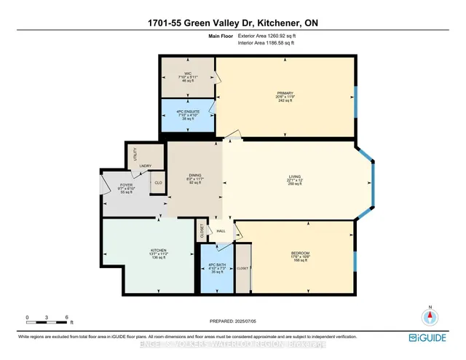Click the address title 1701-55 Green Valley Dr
tap(233, 24)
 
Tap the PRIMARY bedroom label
tap(284, 93)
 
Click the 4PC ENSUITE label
tap(187, 113)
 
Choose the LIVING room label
tap(295, 176)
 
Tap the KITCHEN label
tap(149, 253)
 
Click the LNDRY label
tap(145, 167)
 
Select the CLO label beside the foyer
tap(157, 183)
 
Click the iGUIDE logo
tap(433, 337)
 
